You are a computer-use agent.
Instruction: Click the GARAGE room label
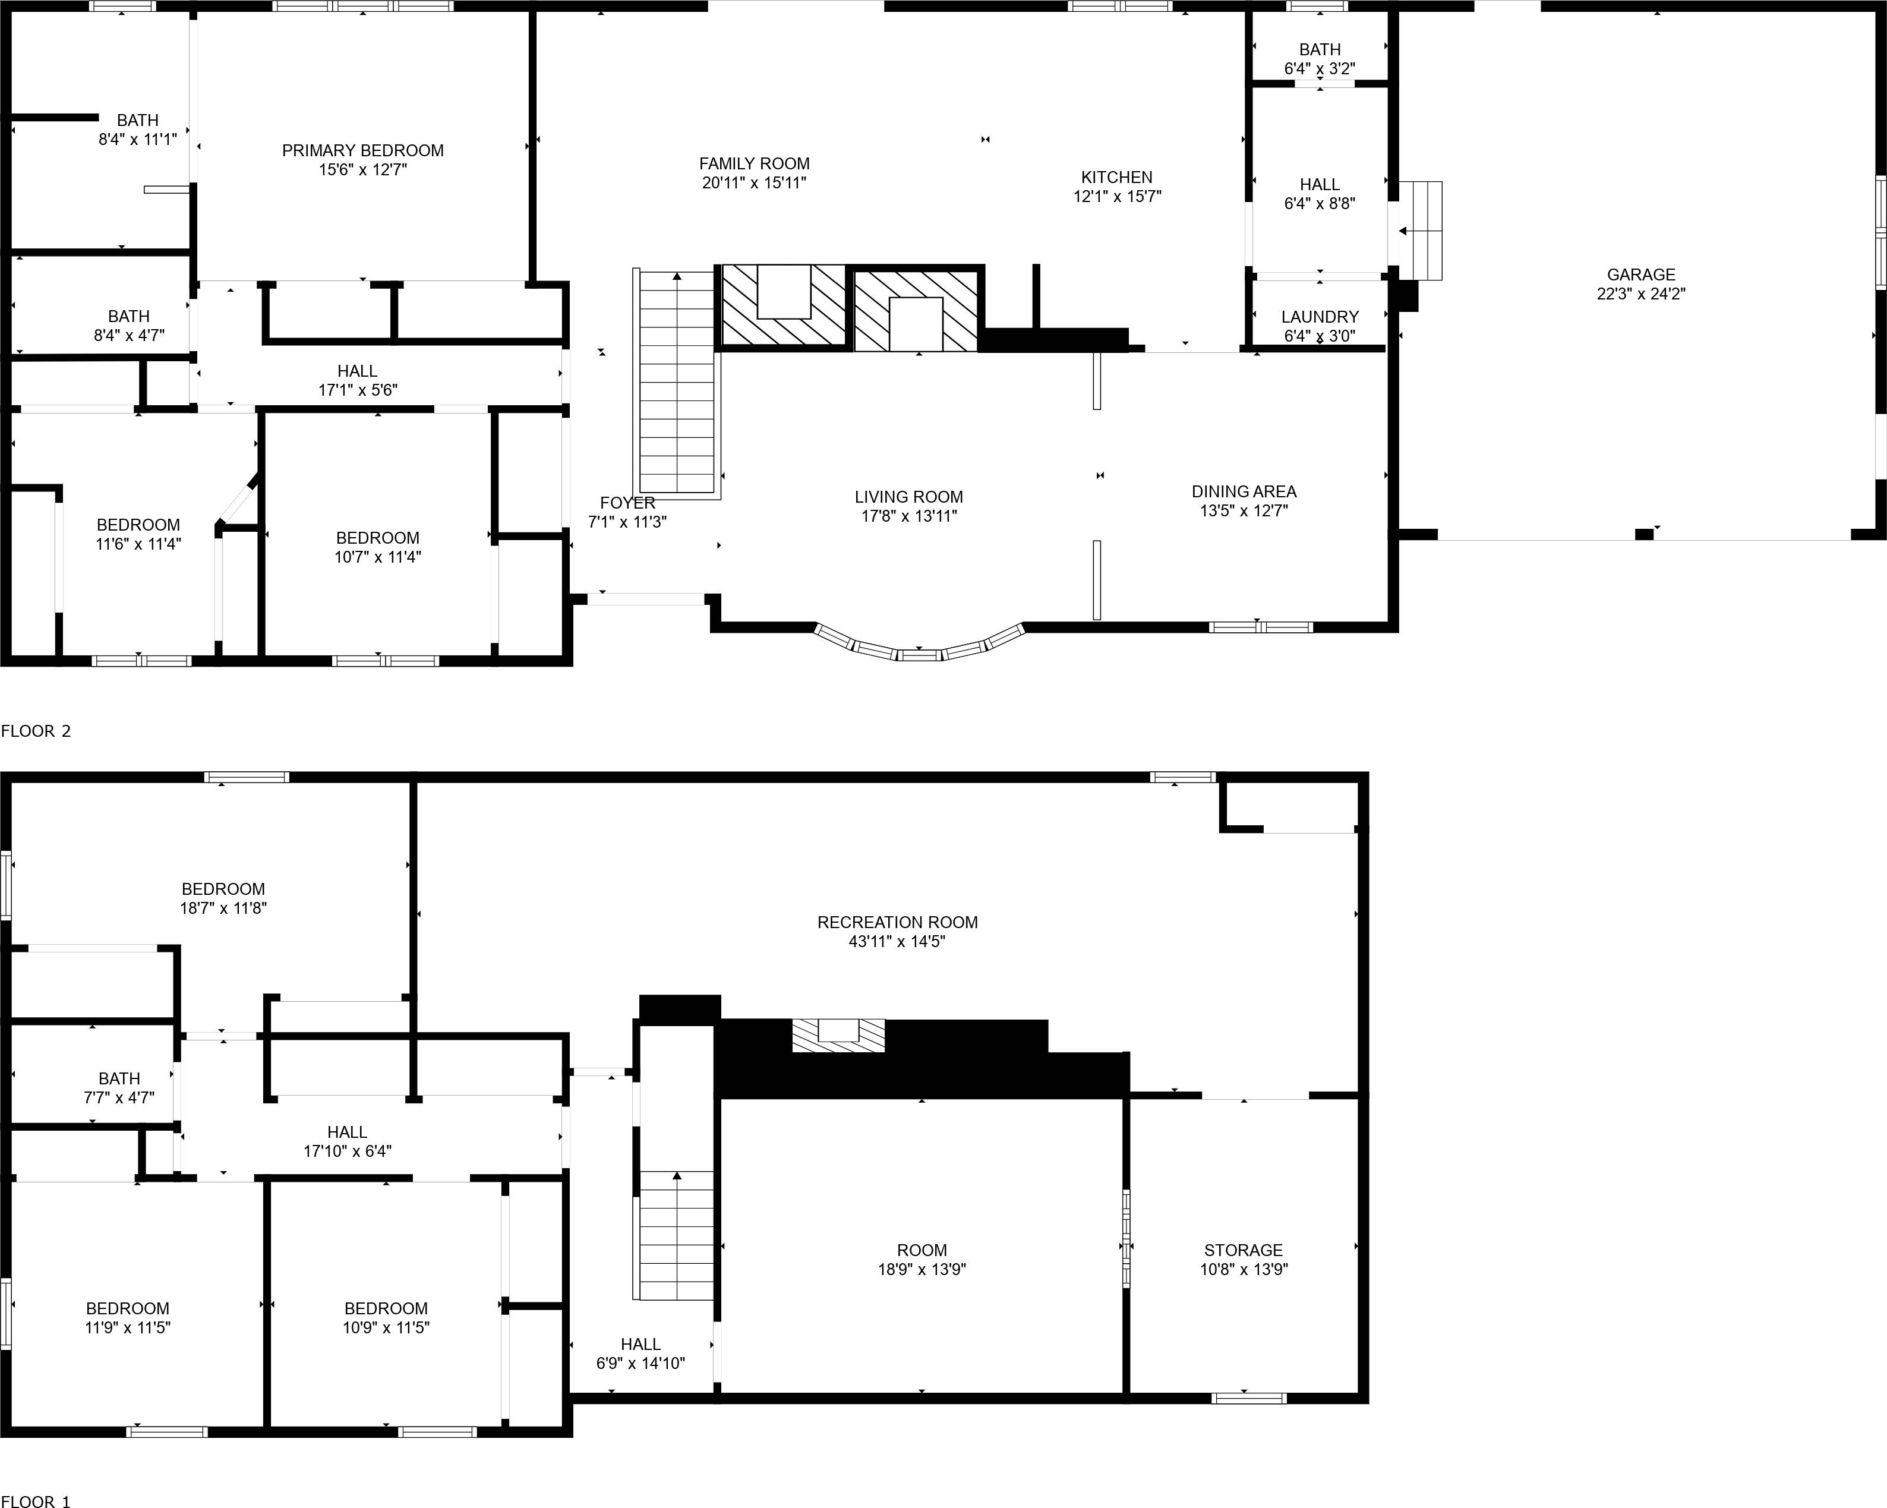coord(1640,275)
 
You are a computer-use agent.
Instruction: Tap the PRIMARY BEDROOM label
coord(362,150)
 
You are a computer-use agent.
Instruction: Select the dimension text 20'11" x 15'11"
coord(753,183)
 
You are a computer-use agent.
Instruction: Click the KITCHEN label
coord(1116,177)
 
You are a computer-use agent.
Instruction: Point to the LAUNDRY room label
coord(1319,317)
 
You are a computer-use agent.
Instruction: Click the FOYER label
coord(627,503)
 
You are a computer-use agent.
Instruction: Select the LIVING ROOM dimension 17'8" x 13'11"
coord(908,516)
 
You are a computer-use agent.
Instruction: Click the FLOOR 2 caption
coord(36,731)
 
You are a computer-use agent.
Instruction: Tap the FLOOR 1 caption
coord(36,1501)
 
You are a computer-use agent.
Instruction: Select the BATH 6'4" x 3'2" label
coord(1319,50)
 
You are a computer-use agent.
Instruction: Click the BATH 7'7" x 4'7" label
coord(119,1078)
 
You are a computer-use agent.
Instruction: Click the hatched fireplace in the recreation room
coord(838,1036)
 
